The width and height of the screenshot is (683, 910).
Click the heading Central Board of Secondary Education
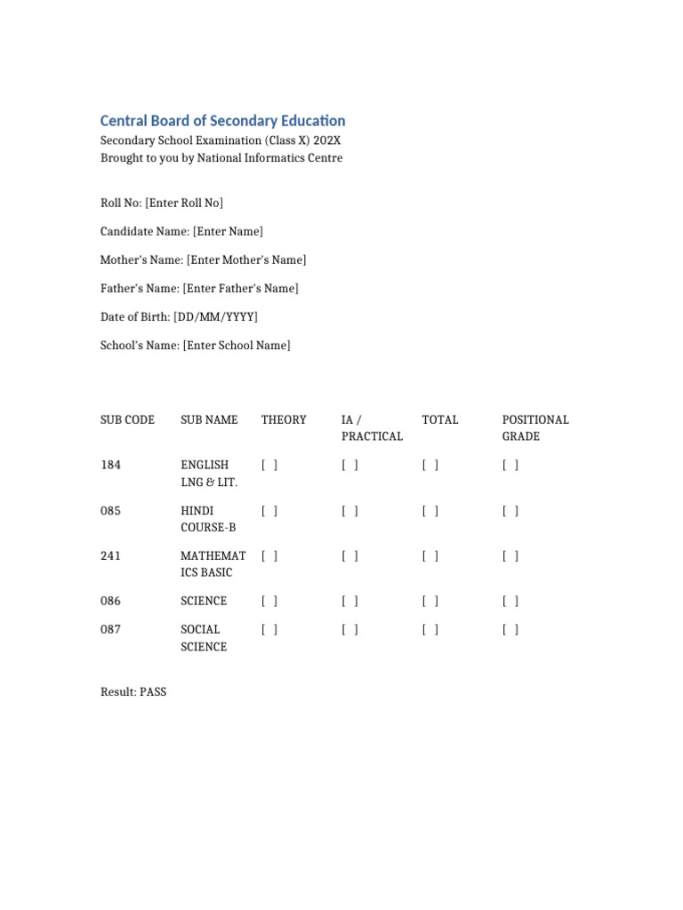click(222, 121)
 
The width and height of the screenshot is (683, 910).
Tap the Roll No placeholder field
click(184, 204)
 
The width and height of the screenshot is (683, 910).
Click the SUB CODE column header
click(127, 419)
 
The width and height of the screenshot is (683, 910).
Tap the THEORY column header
click(284, 419)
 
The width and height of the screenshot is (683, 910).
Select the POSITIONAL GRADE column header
click(535, 427)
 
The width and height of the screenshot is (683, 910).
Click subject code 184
click(110, 465)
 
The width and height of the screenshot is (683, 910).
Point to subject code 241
click(110, 556)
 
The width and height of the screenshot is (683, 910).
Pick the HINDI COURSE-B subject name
click(208, 519)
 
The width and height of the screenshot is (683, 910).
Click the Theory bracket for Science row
click(269, 602)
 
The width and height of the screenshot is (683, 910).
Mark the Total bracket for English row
click(430, 465)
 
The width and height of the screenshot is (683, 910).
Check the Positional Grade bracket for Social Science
click(510, 630)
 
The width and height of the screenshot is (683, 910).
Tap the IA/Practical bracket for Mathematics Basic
click(350, 556)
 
